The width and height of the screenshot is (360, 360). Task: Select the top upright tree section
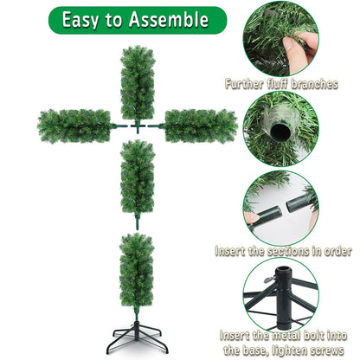click(x=137, y=82)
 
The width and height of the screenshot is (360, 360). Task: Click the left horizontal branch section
click(x=74, y=125)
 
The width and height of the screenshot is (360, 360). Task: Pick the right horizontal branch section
click(x=200, y=125)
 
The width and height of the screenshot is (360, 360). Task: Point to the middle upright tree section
click(x=137, y=177)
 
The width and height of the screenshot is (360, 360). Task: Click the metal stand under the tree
click(x=137, y=341)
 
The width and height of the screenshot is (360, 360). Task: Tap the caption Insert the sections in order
click(x=284, y=252)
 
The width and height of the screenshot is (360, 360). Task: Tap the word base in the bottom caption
click(x=263, y=350)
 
